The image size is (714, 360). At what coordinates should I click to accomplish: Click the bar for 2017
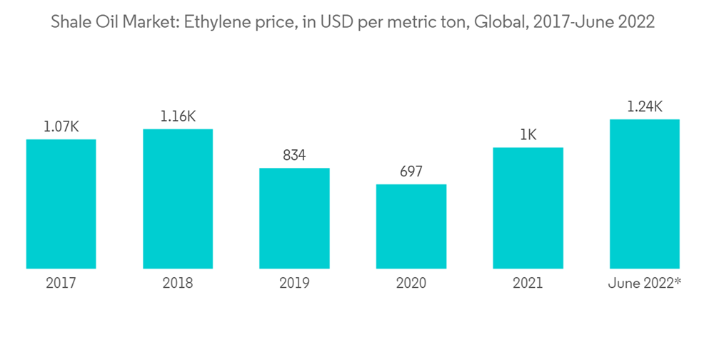point(61,204)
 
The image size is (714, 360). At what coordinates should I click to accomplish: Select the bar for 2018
point(178,199)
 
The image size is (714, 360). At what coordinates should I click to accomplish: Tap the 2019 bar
point(294,218)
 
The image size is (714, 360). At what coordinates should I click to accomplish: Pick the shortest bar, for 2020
point(411,226)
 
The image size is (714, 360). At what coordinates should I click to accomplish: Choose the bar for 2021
point(528,208)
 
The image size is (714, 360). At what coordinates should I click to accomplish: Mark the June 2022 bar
point(644,194)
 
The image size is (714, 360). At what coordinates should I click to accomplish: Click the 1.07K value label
point(61,127)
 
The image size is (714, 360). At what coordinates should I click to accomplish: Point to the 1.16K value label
point(178,116)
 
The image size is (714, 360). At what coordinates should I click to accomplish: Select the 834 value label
point(294,156)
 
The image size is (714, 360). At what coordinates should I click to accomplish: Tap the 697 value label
point(411,172)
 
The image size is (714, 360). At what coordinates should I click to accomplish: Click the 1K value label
point(528,135)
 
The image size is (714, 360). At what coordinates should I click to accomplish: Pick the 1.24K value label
point(644,107)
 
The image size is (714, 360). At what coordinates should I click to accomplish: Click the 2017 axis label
point(61,284)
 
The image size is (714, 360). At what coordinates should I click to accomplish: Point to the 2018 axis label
point(178,284)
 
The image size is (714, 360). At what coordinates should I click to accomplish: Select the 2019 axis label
point(294,284)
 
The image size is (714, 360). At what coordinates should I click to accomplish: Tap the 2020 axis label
point(411,284)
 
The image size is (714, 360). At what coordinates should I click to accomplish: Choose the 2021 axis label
point(528,284)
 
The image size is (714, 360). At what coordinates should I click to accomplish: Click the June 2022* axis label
point(644,284)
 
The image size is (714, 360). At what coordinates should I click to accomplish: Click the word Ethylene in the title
point(215,23)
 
